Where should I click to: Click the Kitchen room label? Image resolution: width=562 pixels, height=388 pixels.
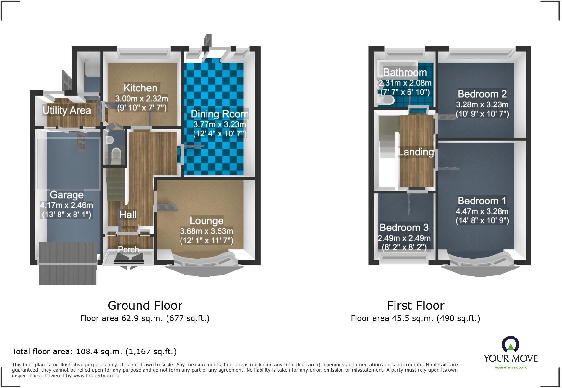tap(140, 88)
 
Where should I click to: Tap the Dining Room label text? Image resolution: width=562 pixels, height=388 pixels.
tap(220, 114)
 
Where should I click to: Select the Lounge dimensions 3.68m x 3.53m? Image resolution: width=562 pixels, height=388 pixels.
tap(207, 231)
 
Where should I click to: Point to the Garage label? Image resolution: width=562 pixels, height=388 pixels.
tap(67, 195)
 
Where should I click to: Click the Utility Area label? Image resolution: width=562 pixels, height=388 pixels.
tap(67, 110)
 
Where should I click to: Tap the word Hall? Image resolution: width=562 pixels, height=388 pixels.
tap(128, 215)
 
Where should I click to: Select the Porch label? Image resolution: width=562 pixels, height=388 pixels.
tap(128, 249)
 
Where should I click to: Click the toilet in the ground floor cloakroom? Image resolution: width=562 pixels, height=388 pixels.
tap(115, 154)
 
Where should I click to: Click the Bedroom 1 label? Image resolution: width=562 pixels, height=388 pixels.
tap(482, 201)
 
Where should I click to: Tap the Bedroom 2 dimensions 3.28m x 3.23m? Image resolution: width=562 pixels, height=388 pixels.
tap(482, 104)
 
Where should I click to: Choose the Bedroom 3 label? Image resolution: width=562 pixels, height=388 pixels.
tap(404, 227)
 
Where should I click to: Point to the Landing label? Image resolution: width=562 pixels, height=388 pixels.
tap(416, 152)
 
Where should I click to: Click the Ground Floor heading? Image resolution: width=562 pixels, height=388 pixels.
tap(145, 305)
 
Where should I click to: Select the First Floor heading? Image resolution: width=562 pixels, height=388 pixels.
tap(416, 305)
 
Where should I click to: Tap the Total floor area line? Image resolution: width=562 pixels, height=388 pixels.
tap(94, 352)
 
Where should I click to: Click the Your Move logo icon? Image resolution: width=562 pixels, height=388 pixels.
tap(511, 344)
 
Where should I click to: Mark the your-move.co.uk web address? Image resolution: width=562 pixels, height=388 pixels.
tap(511, 367)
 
